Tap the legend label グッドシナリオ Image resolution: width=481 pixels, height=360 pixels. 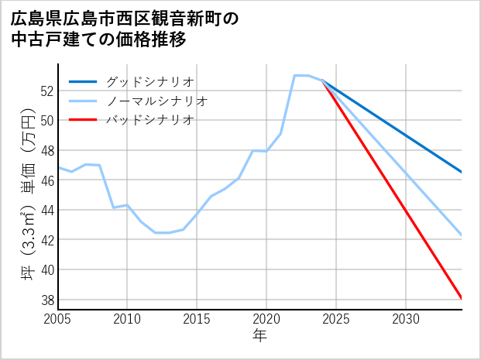coord(150,81)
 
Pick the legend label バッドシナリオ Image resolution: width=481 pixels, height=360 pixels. coord(150,120)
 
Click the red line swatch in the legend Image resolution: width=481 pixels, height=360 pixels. coord(84,120)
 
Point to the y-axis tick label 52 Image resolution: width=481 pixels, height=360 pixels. coord(46,91)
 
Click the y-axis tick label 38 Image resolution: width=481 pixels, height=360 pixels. coord(46,300)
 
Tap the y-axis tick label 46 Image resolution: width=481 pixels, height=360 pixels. coord(46,180)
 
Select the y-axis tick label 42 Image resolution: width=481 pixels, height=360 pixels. coord(46,240)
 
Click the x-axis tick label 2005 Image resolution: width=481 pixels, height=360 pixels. coord(58,319)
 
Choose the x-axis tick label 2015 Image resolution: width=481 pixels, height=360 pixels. coord(197,319)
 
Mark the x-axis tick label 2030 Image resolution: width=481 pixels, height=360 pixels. coord(406,319)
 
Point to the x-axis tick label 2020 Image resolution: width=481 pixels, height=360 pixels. coord(266,319)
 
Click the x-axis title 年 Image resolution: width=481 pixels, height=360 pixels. coord(260,336)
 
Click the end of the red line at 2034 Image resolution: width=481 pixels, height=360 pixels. coord(462,298)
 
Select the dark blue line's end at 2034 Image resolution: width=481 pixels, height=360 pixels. coord(462,172)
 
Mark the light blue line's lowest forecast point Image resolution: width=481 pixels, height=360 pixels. coord(462,235)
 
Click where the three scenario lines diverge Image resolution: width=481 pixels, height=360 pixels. coord(322,81)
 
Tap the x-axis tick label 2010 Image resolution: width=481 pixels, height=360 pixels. coord(127,319)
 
